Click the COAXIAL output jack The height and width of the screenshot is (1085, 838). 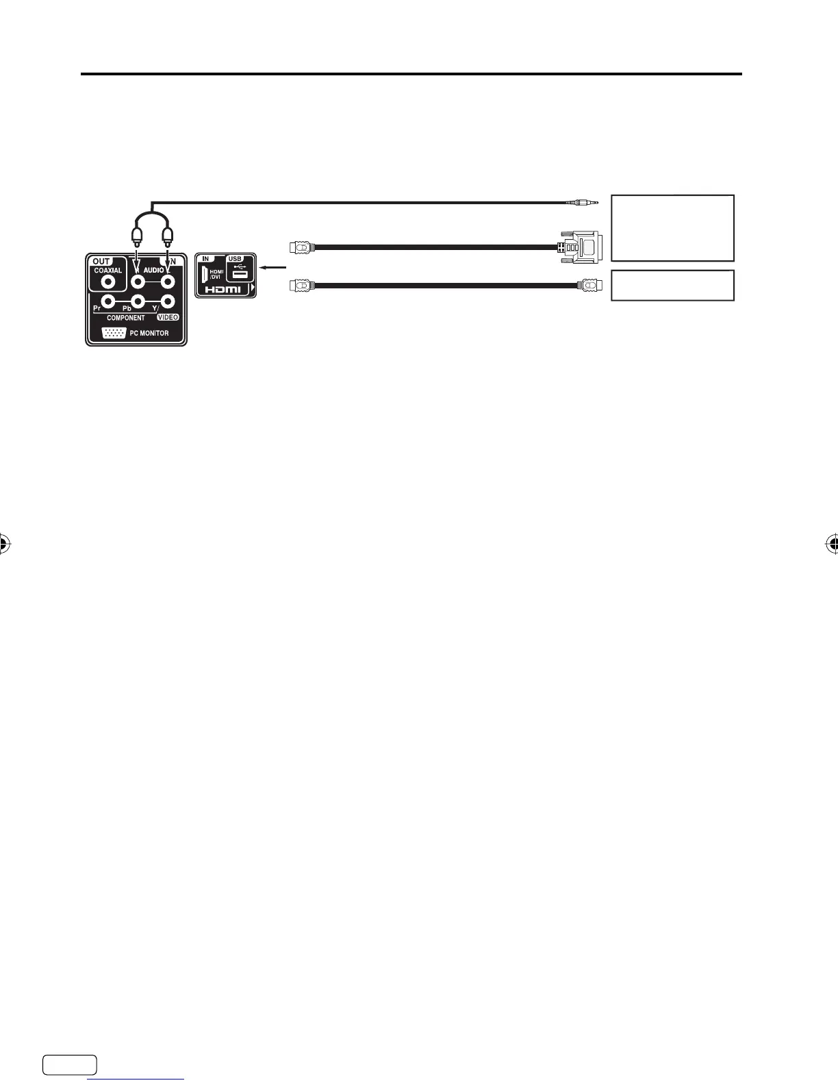pos(107,280)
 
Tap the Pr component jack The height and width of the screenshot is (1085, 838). pos(107,301)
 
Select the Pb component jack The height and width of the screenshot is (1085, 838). pos(138,301)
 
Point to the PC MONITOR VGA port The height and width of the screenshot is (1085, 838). pos(114,334)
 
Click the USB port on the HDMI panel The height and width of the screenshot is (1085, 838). pos(240,274)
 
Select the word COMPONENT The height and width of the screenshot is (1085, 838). pos(125,319)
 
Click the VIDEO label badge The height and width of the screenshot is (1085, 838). pos(168,318)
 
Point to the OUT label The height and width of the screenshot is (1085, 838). pos(101,261)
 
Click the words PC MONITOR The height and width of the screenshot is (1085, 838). pos(149,334)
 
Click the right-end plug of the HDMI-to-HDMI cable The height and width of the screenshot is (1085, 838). pos(588,284)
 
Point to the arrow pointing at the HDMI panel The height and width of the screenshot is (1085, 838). pos(274,268)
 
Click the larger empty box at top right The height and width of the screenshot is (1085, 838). pos(672,228)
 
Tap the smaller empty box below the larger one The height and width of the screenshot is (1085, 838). pos(672,285)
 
